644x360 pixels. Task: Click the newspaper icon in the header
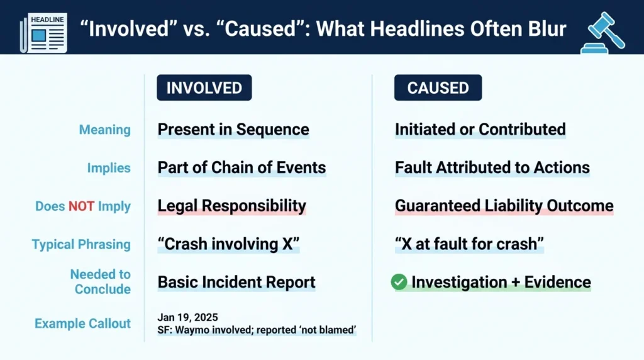coord(43,33)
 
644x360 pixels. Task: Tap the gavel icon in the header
coord(602,33)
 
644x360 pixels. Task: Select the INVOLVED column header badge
coord(204,87)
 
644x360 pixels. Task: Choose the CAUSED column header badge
coord(438,87)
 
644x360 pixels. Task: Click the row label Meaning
coord(105,130)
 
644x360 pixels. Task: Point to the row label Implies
coord(109,167)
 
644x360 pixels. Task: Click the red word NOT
coord(81,206)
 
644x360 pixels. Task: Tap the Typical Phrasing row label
coord(81,244)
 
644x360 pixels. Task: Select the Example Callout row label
coord(82,323)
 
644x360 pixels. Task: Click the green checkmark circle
coord(399,282)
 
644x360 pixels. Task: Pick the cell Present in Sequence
coord(233,130)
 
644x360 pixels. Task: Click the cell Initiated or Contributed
coord(480,130)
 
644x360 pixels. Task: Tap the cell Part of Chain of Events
coord(242,167)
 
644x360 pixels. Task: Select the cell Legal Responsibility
coord(232,206)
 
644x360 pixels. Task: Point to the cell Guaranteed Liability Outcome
coord(504,206)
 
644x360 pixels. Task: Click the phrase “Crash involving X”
coord(228,244)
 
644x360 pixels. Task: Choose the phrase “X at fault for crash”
coord(469,244)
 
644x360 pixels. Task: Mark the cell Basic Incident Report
coord(236,283)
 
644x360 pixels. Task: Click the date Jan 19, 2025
coord(187,317)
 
